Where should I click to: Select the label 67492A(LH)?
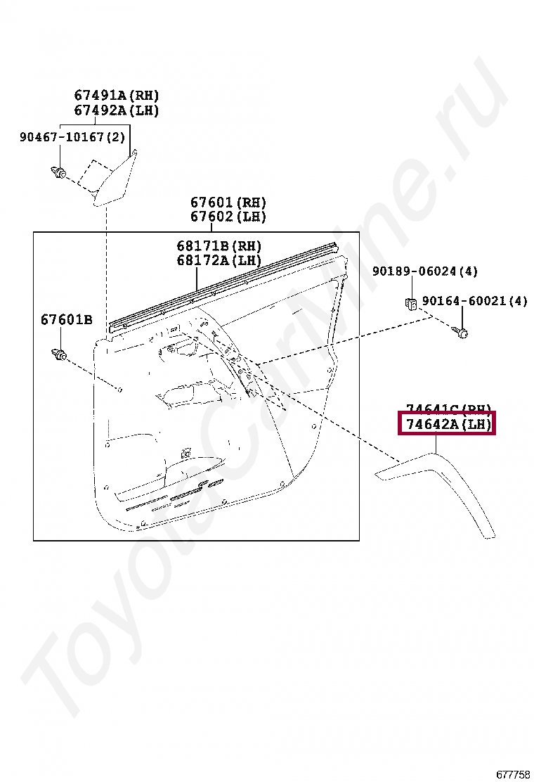click(x=117, y=110)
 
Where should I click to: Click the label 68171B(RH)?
click(x=219, y=246)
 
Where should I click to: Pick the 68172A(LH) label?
click(x=219, y=260)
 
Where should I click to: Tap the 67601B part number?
click(x=66, y=320)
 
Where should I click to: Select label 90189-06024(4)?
click(x=425, y=271)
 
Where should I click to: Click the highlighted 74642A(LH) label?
click(x=447, y=425)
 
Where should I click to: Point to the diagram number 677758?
click(x=514, y=774)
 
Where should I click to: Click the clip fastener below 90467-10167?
click(x=60, y=171)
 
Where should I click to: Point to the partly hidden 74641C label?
click(x=447, y=408)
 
